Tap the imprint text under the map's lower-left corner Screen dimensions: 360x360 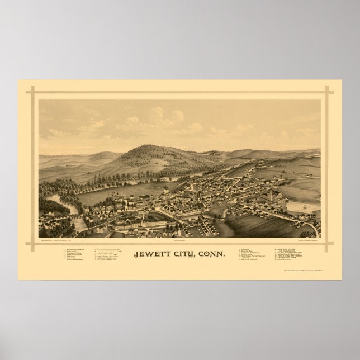(x=67, y=228)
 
